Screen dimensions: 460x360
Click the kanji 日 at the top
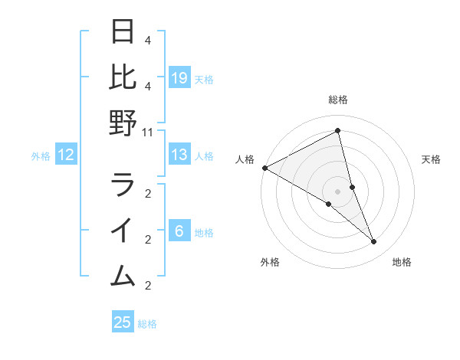coord(123,32)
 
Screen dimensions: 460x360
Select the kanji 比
coord(123,77)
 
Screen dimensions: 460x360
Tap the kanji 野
coord(123,123)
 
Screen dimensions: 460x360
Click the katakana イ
coord(123,231)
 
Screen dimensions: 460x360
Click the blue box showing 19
coord(179,78)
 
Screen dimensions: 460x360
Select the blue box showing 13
coord(179,155)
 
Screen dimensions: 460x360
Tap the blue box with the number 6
coord(179,232)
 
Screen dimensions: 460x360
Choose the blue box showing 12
coord(66,155)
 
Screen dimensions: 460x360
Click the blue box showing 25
coord(123,322)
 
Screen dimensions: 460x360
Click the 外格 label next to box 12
coord(41,156)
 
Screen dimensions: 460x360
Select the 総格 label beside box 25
coord(147,324)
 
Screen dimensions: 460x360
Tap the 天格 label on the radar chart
coord(432,159)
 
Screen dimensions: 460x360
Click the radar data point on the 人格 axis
coord(264,168)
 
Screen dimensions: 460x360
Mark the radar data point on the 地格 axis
coord(374,242)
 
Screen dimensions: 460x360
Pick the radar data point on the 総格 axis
coord(338,131)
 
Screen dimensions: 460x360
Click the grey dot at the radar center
coord(338,191)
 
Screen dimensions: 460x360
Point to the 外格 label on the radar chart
coord(270,262)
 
